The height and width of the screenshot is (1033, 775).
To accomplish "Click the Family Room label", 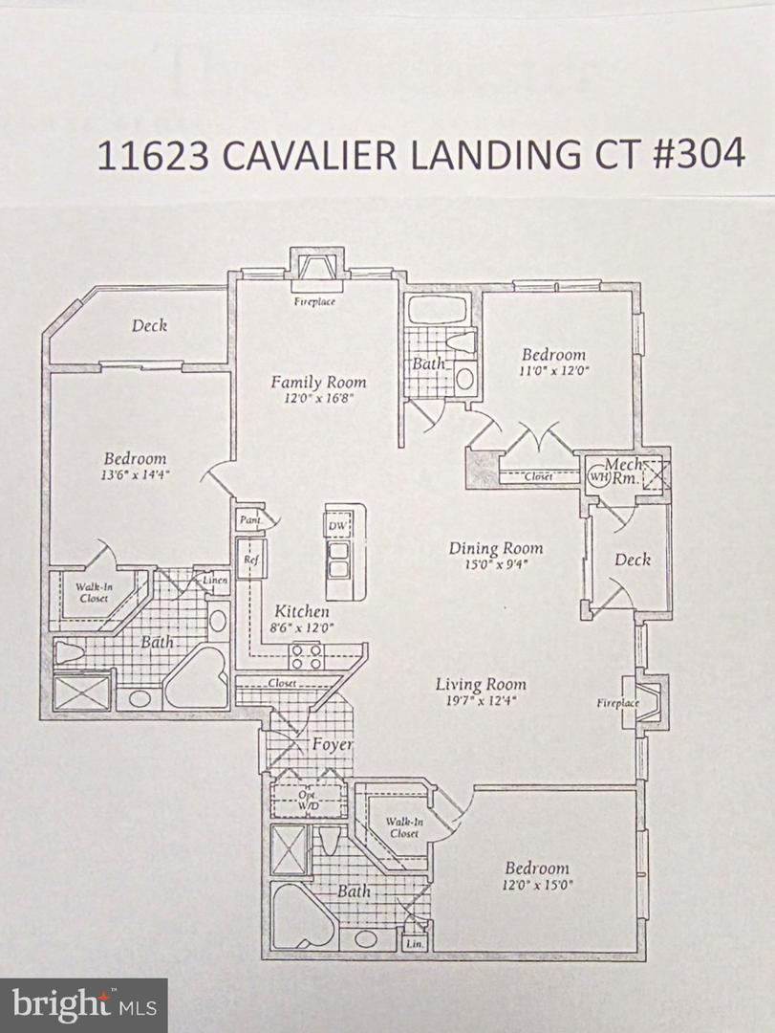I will coord(318,382).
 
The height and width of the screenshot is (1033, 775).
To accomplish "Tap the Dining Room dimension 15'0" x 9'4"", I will coord(495,564).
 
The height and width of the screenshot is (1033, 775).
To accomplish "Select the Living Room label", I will coord(481,684).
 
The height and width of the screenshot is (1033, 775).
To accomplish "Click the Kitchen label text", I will coord(302,611).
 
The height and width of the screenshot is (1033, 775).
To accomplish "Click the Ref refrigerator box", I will coord(249,559).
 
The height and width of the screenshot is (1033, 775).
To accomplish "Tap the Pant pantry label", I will coord(248,520).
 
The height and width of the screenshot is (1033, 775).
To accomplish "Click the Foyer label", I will coord(333,744).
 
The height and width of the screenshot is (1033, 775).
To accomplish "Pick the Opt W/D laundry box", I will coord(308,802).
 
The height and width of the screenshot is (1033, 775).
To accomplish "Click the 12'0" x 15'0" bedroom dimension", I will coord(538,885).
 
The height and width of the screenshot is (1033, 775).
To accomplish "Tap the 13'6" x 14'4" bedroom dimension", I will coord(135,475).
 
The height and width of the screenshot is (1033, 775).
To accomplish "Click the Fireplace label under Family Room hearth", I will coord(315,301).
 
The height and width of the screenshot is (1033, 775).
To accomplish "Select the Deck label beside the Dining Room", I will coord(632,560).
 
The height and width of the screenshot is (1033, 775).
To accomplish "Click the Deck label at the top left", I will coord(149,325).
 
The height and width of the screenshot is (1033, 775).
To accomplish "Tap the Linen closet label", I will coord(214,580).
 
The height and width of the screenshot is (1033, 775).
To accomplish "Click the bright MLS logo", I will coord(83,1005).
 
